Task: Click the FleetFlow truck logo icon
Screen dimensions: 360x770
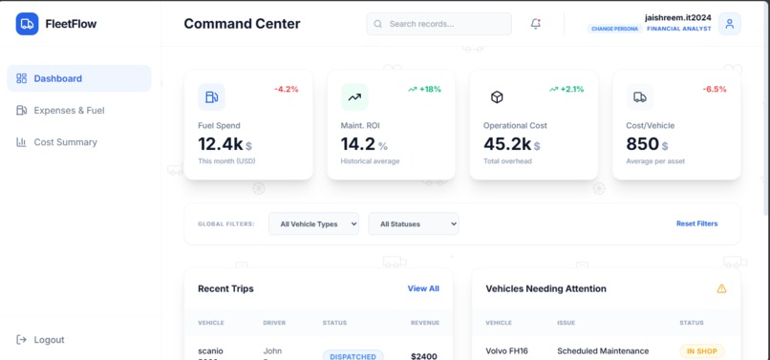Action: point(27,24)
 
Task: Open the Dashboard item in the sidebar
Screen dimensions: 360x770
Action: point(57,78)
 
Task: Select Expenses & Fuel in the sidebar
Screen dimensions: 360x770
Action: point(69,111)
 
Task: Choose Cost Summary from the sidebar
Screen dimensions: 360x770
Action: point(65,142)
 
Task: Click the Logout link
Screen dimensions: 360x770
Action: point(48,340)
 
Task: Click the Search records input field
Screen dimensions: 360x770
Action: point(439,24)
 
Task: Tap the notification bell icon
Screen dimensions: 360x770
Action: point(536,24)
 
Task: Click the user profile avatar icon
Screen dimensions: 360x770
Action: point(730,24)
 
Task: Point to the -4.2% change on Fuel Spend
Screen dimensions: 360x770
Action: point(287,89)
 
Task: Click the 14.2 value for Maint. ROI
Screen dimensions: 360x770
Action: point(357,144)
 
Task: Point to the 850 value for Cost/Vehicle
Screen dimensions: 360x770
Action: point(643,144)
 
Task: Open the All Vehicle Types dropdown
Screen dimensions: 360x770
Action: point(313,223)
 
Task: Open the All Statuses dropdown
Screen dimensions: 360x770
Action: point(413,223)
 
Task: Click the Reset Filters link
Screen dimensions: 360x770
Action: point(696,223)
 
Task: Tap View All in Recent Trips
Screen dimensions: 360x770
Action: point(423,288)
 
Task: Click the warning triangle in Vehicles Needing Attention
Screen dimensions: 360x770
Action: point(721,288)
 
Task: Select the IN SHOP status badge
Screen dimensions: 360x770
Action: point(702,350)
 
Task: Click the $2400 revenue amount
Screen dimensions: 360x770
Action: point(423,356)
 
